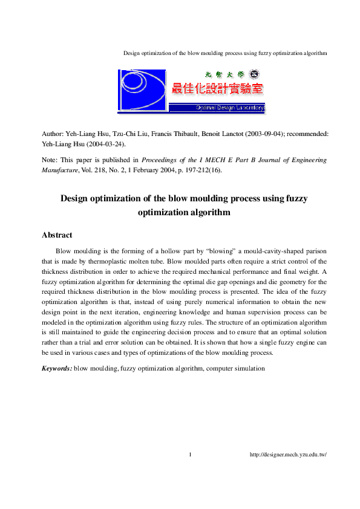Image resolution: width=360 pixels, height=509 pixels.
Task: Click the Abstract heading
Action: click(x=57, y=235)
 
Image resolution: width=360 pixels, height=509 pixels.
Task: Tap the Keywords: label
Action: click(x=56, y=368)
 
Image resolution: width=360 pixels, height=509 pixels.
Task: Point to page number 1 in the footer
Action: click(x=190, y=455)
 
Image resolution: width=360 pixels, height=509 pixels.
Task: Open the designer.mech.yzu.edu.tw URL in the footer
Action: click(x=288, y=455)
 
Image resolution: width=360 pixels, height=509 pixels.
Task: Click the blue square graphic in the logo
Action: click(x=142, y=91)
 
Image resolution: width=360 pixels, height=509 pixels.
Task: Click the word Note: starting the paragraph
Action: click(x=50, y=160)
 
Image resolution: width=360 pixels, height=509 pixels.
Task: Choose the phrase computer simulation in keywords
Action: click(x=237, y=368)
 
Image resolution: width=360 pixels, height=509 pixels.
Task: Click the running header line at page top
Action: click(x=225, y=53)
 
